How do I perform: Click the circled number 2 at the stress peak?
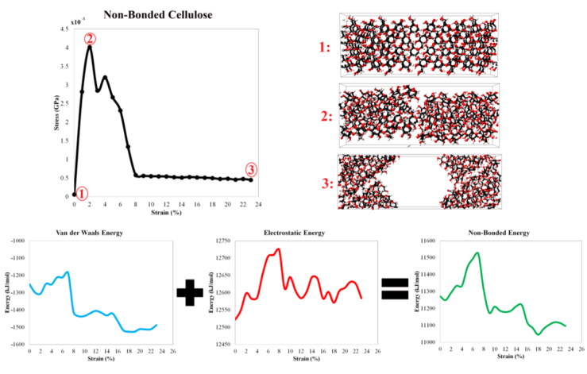pyautogui.click(x=90, y=38)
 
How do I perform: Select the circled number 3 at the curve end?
pyautogui.click(x=251, y=169)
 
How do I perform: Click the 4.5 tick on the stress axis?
pyautogui.click(x=64, y=29)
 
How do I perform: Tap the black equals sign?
pyautogui.click(x=395, y=288)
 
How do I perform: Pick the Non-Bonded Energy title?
pyautogui.click(x=497, y=232)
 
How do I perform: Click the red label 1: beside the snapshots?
pyautogui.click(x=325, y=48)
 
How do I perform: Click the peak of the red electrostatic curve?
pyautogui.click(x=279, y=249)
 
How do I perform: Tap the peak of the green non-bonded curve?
pyautogui.click(x=477, y=253)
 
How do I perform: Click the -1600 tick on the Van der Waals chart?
pyautogui.click(x=16, y=344)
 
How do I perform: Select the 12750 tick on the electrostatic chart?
pyautogui.click(x=224, y=240)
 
